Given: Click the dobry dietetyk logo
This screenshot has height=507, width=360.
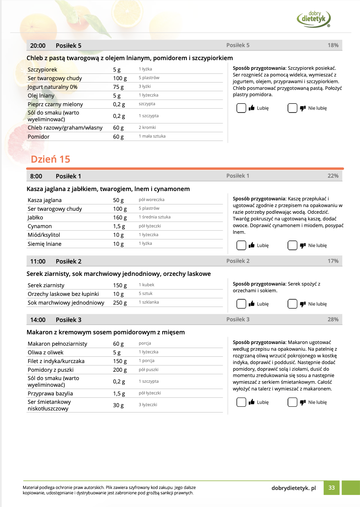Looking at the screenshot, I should click(x=314, y=19).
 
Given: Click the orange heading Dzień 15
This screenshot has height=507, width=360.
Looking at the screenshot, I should click(x=50, y=159).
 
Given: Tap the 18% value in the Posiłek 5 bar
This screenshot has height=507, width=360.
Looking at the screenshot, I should click(x=333, y=45).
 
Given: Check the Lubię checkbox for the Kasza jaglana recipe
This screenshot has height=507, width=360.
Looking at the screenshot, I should click(x=241, y=245).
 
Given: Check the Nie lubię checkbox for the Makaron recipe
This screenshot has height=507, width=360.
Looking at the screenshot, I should click(x=292, y=402).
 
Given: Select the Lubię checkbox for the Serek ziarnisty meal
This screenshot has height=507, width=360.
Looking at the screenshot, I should click(x=241, y=304).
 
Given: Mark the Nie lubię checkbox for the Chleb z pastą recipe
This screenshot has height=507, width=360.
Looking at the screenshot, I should click(x=292, y=108).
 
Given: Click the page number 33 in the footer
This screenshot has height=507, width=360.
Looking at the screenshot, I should click(x=331, y=488).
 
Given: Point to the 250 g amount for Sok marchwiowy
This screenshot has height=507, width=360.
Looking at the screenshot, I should click(x=120, y=303).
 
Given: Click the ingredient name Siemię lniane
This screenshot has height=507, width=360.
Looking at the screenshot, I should click(x=44, y=244).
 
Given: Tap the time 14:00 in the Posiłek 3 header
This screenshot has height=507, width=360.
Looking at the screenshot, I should click(x=38, y=320).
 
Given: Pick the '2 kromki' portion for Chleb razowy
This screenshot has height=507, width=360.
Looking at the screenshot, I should click(x=147, y=128).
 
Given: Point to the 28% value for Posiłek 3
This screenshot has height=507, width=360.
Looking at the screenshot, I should click(x=333, y=319).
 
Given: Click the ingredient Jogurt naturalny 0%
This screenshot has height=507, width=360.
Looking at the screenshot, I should click(x=52, y=87).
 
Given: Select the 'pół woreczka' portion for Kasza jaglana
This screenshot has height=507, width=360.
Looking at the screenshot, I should click(x=152, y=200).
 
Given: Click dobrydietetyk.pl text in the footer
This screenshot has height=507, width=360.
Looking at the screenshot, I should click(x=294, y=488).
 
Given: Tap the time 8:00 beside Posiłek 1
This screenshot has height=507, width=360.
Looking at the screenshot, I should click(x=36, y=176).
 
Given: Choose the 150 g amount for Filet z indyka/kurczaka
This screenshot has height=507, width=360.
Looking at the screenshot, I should click(x=120, y=361).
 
